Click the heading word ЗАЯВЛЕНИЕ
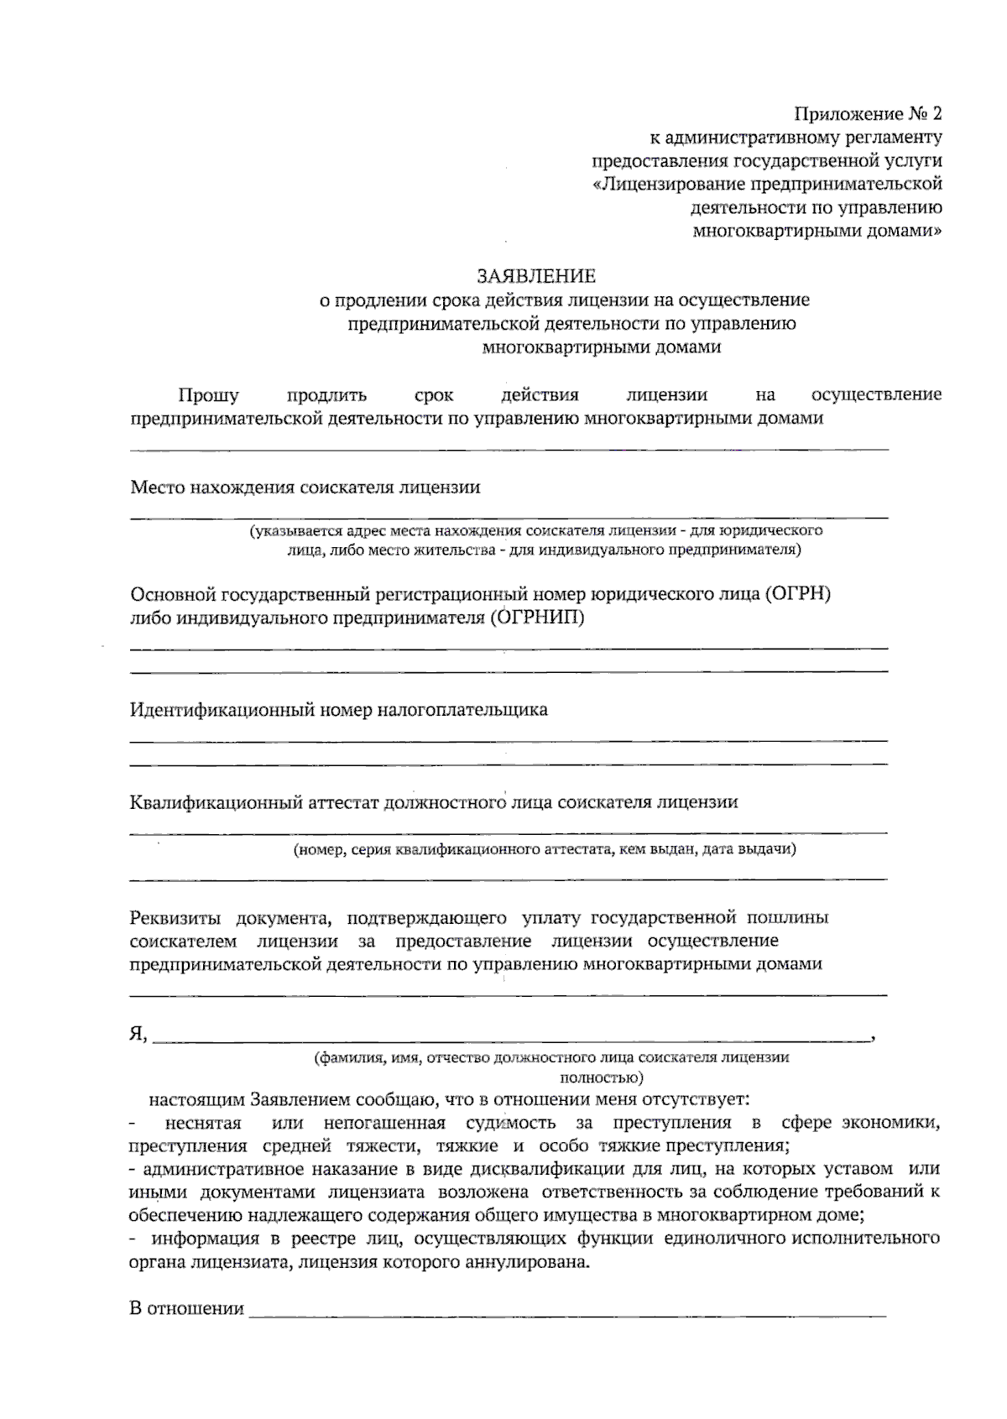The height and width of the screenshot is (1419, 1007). pyautogui.click(x=536, y=276)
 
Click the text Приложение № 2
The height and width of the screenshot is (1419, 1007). pyautogui.click(x=868, y=113)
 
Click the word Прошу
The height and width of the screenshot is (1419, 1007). pyautogui.click(x=208, y=395)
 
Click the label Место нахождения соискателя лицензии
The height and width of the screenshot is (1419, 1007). pyautogui.click(x=305, y=488)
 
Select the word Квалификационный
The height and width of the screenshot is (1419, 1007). pyautogui.click(x=211, y=802)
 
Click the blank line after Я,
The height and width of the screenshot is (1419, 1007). pyautogui.click(x=512, y=1039)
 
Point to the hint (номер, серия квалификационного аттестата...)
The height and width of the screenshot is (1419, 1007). pyautogui.click(x=544, y=849)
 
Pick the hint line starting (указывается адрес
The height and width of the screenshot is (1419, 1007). pyautogui.click(x=535, y=531)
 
